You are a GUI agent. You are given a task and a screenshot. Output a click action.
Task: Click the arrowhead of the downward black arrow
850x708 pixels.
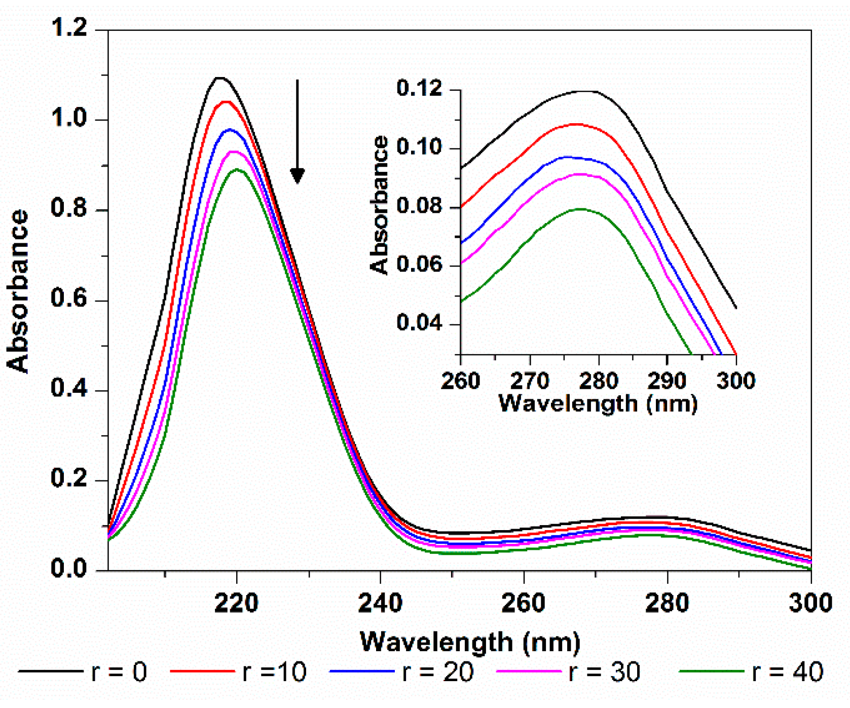[x=298, y=176]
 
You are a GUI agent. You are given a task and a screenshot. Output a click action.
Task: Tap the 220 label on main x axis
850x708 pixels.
[x=236, y=603]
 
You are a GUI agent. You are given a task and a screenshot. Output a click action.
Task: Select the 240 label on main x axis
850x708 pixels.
[x=380, y=603]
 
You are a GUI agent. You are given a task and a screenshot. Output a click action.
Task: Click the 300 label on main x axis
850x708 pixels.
[x=810, y=603]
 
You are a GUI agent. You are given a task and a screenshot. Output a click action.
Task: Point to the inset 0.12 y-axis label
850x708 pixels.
[x=420, y=89]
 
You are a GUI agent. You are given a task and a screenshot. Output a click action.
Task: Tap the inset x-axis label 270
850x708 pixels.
[x=530, y=381]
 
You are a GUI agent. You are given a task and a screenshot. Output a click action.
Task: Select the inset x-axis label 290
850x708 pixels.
[x=667, y=381]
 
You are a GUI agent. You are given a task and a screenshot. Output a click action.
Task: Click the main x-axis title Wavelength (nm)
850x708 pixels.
[x=470, y=642]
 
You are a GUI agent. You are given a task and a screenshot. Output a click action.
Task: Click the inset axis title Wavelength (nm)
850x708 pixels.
[x=598, y=404]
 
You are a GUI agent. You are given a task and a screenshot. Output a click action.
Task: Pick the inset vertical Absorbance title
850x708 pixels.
[x=379, y=205]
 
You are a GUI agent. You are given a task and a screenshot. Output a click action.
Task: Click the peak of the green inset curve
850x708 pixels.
[x=580, y=209]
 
